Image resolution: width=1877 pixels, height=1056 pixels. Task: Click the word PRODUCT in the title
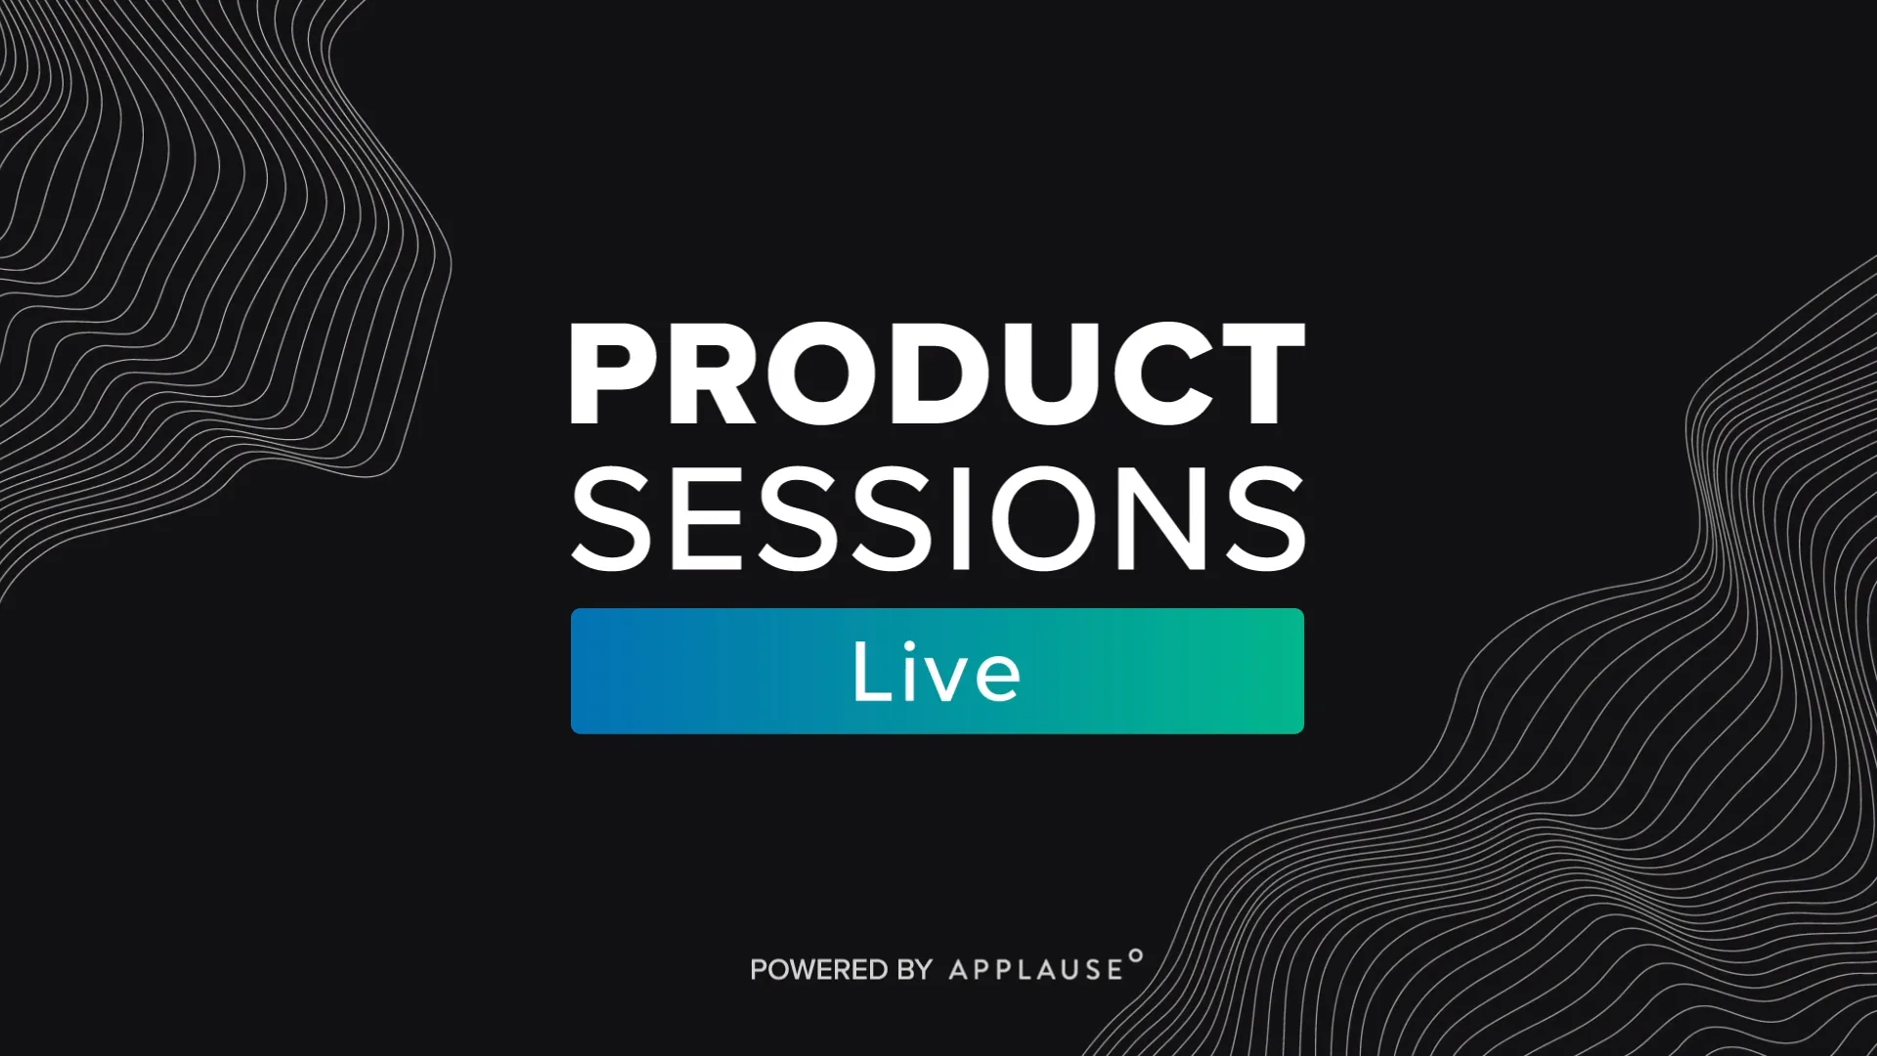click(x=938, y=375)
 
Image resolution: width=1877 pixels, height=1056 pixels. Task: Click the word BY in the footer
click(x=914, y=970)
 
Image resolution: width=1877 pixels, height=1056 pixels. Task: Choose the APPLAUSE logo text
click(x=1035, y=970)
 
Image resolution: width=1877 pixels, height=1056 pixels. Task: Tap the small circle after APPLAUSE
click(x=1135, y=955)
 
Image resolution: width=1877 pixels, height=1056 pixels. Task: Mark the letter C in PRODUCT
click(x=1147, y=375)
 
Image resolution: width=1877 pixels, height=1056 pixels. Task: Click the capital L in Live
click(x=870, y=671)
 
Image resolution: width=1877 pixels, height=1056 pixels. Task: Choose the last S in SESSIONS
click(x=1262, y=517)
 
